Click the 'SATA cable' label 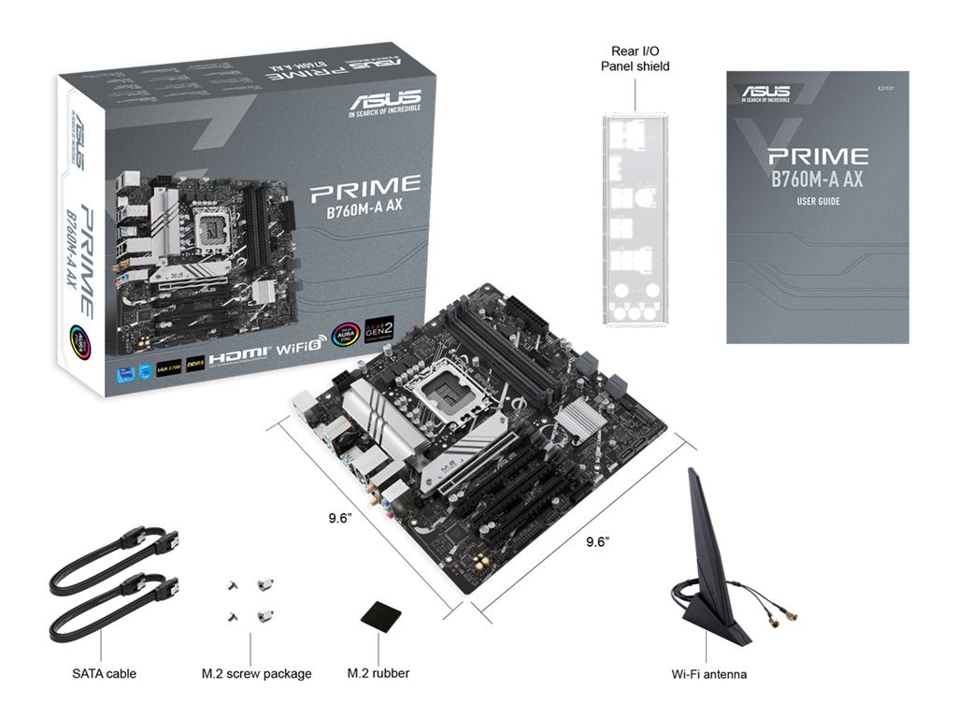click(x=104, y=673)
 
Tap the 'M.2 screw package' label click(x=256, y=673)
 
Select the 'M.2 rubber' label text click(x=379, y=673)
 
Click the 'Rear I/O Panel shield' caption click(x=635, y=59)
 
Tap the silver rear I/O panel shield click(x=636, y=221)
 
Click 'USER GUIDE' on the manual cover click(x=818, y=202)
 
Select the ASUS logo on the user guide click(x=766, y=91)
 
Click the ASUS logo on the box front click(x=384, y=99)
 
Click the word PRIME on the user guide click(x=818, y=156)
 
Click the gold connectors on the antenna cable click(x=783, y=615)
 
